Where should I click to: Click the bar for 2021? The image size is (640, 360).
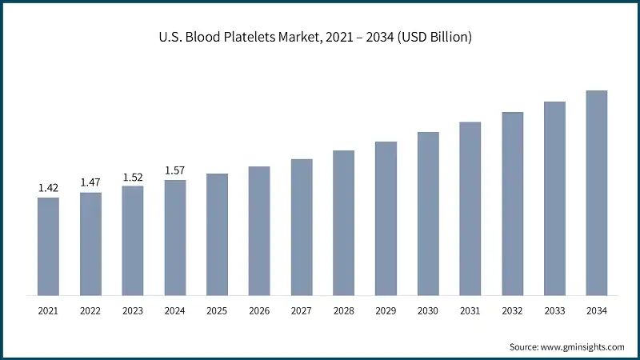(x=48, y=246)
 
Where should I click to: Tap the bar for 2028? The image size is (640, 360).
(x=343, y=222)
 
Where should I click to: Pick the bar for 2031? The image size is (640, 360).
(x=470, y=208)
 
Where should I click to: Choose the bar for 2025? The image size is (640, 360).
(x=217, y=234)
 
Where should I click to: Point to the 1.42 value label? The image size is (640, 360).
(x=48, y=188)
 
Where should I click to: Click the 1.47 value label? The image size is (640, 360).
(x=90, y=183)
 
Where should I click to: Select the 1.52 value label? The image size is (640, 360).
(x=133, y=177)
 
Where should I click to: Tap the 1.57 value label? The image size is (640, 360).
(x=175, y=170)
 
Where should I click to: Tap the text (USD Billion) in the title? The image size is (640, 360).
(x=432, y=38)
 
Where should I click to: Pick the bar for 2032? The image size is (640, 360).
(x=513, y=203)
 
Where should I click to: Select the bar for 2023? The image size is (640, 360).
(x=133, y=240)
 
